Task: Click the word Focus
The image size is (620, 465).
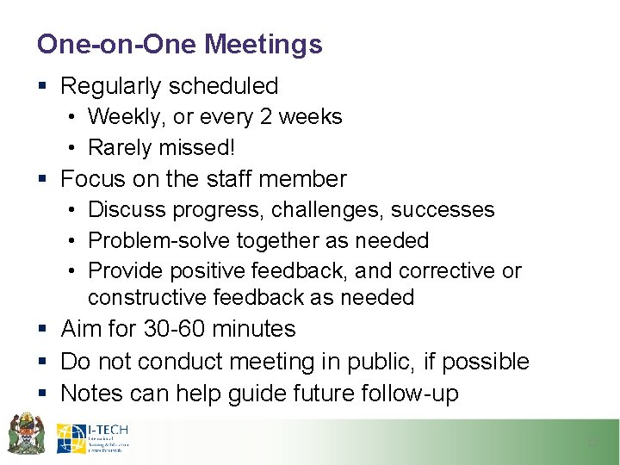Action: [x=93, y=179]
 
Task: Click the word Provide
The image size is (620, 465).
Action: [x=126, y=271]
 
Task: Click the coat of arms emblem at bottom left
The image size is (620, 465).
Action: [x=26, y=434]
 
